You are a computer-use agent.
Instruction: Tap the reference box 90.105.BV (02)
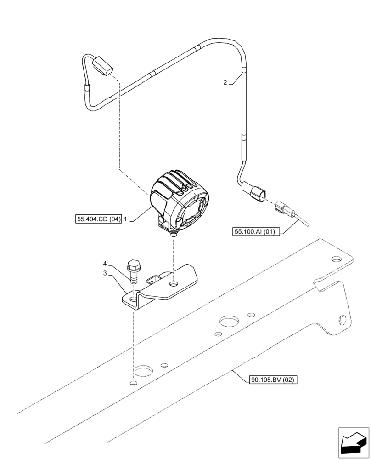[274, 380]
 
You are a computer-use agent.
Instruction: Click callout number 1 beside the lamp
[126, 220]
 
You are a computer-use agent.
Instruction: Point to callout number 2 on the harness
[225, 83]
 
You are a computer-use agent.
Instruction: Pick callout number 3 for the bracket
[105, 273]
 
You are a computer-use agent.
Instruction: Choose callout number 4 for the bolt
[105, 264]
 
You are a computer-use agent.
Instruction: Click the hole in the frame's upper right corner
[337, 259]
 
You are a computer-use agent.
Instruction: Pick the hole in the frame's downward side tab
[341, 317]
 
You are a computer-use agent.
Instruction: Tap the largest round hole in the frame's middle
[228, 320]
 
